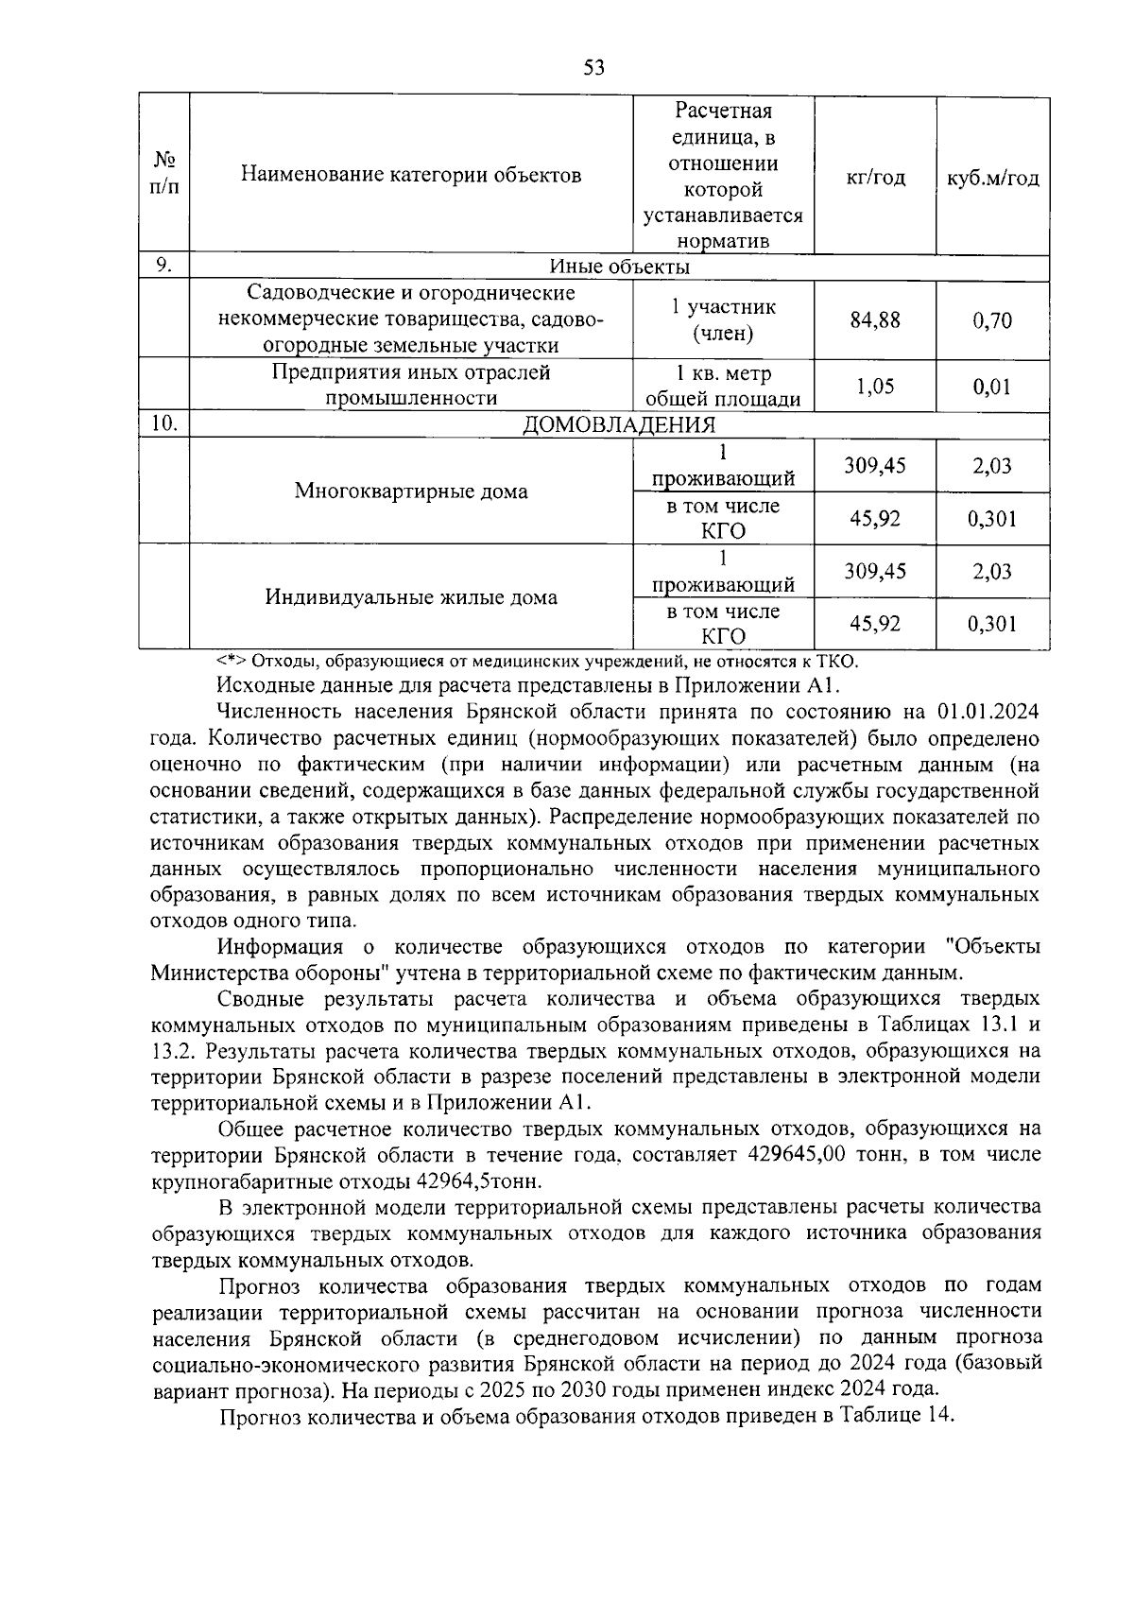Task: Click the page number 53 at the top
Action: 593,67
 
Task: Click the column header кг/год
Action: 875,178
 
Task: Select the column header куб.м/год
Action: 992,178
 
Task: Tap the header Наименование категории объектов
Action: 411,175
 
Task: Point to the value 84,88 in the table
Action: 875,319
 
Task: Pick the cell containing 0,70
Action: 992,320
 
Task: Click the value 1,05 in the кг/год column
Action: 875,386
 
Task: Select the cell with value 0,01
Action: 992,386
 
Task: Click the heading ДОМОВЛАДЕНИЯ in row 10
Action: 619,424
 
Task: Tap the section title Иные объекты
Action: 619,267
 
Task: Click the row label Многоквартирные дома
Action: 411,491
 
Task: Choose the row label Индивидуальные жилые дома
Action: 411,597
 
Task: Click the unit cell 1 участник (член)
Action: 723,319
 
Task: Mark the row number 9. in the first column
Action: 164,266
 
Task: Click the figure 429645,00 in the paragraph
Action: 799,1155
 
